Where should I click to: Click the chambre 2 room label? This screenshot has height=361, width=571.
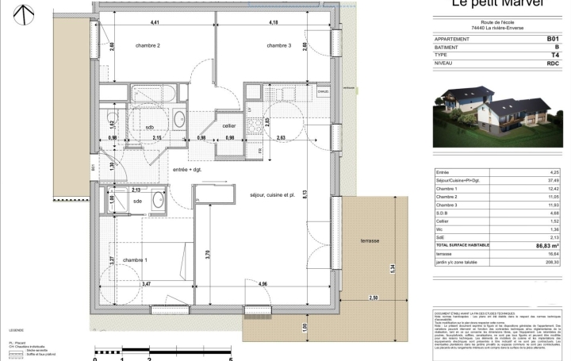[x=148, y=46]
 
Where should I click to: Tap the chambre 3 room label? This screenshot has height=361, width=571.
[x=278, y=46]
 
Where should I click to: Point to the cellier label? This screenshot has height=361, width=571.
[x=229, y=126]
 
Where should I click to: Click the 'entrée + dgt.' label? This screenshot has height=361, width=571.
[x=186, y=170]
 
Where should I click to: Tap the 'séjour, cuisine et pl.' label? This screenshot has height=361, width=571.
[x=272, y=194]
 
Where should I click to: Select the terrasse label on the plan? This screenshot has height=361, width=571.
[x=370, y=241]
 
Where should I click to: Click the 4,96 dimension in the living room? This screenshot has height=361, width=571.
[x=263, y=283]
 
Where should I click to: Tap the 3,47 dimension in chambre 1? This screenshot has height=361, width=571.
[x=148, y=283]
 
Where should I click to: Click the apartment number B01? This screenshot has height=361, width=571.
[x=553, y=38]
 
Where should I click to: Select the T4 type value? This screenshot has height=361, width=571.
[x=555, y=56]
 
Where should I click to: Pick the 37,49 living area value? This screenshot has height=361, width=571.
[x=553, y=179]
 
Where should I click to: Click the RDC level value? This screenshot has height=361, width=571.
[x=553, y=64]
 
